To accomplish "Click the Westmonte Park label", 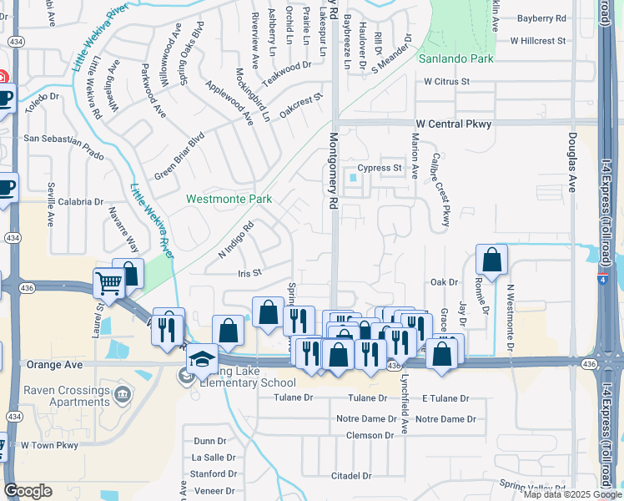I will (x=229, y=200).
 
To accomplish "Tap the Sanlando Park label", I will (x=456, y=59).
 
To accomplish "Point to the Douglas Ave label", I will (x=572, y=161).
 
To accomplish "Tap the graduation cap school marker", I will (x=202, y=359).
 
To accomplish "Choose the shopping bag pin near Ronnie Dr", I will (x=492, y=260).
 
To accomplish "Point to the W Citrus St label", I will (x=446, y=82).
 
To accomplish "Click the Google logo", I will (x=28, y=491).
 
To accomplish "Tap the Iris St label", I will (x=250, y=273).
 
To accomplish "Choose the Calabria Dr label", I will (x=75, y=202).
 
